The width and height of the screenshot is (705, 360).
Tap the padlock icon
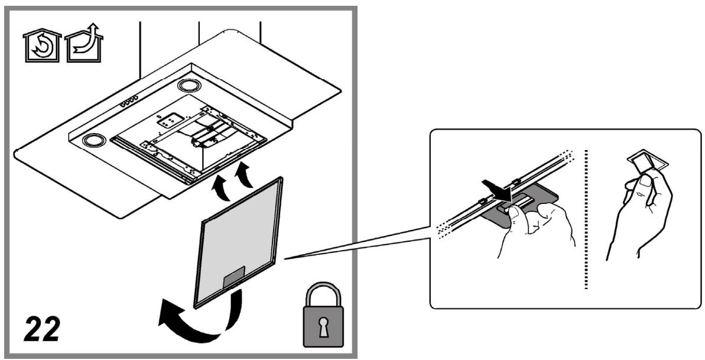coord(323,314)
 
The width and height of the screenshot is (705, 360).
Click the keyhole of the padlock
coord(323,327)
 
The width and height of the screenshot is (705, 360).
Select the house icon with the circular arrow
coord(43,46)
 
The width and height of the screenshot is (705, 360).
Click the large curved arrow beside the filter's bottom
coord(198,317)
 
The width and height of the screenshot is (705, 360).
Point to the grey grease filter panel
coord(238,242)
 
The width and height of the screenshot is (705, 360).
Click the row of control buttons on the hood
coord(129,101)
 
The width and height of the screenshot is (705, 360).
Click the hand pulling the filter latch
coord(535,229)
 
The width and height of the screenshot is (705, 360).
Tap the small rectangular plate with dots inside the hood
coord(172,119)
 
